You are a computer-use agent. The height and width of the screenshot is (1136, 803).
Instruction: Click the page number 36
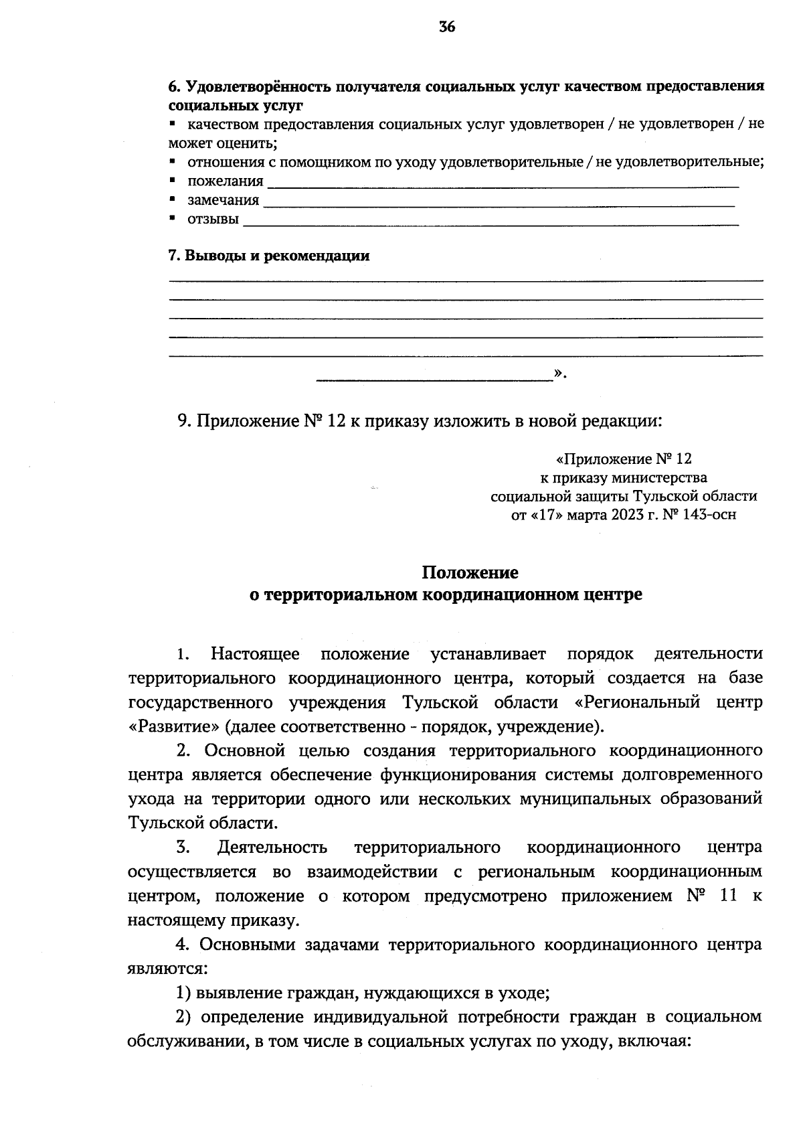448,27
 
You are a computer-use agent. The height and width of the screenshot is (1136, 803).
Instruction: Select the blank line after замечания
499,201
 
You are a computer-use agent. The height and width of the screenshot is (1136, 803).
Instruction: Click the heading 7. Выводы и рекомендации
268,256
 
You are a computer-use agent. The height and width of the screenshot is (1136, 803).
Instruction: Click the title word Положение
470,573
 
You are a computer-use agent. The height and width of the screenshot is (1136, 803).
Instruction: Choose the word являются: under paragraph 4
167,968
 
